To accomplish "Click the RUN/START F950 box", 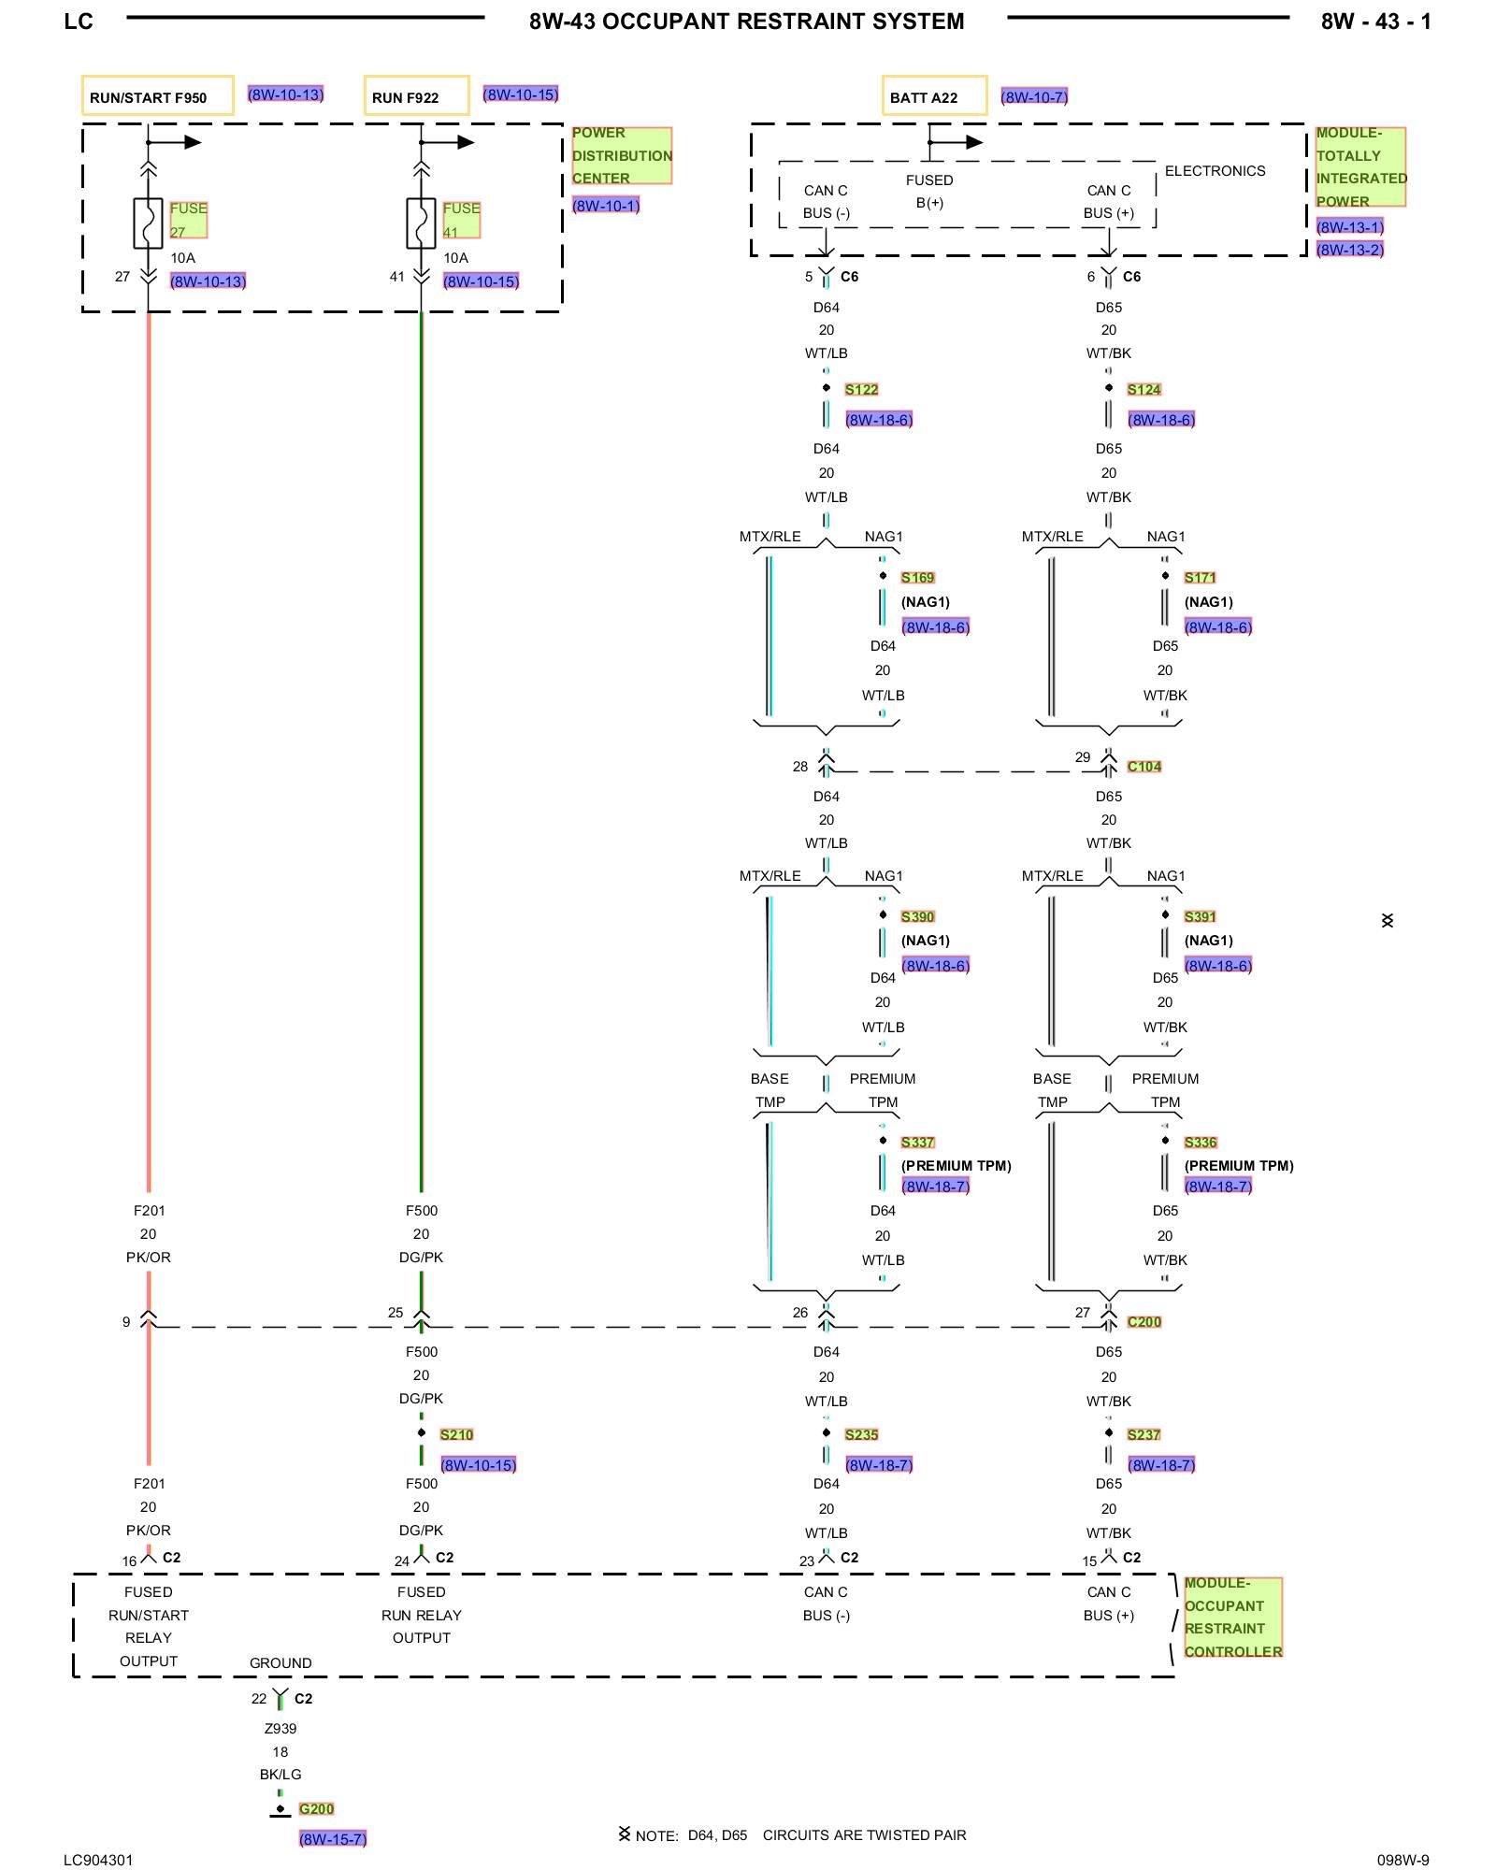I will tap(157, 96).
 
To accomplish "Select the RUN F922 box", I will tap(416, 96).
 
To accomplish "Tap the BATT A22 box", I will tap(933, 96).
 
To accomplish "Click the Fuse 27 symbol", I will tap(148, 223).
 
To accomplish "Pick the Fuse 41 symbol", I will tap(421, 223).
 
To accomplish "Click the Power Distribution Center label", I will tap(622, 155).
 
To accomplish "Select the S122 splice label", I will tap(861, 390).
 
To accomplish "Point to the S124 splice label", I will tap(1144, 390).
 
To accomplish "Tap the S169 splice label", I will tap(917, 578).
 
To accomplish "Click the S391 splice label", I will tap(1200, 917).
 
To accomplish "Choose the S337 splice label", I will tap(917, 1143).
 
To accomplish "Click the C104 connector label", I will tap(1144, 767).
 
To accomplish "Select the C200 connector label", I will tap(1144, 1322).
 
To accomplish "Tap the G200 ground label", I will tap(316, 1809).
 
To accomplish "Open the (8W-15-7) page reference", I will tap(333, 1839).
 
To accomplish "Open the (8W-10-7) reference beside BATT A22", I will tap(1034, 96).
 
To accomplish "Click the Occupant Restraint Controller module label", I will tap(1232, 1618).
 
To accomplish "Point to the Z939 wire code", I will tap(280, 1729).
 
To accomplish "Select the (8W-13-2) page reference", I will tap(1349, 250).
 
